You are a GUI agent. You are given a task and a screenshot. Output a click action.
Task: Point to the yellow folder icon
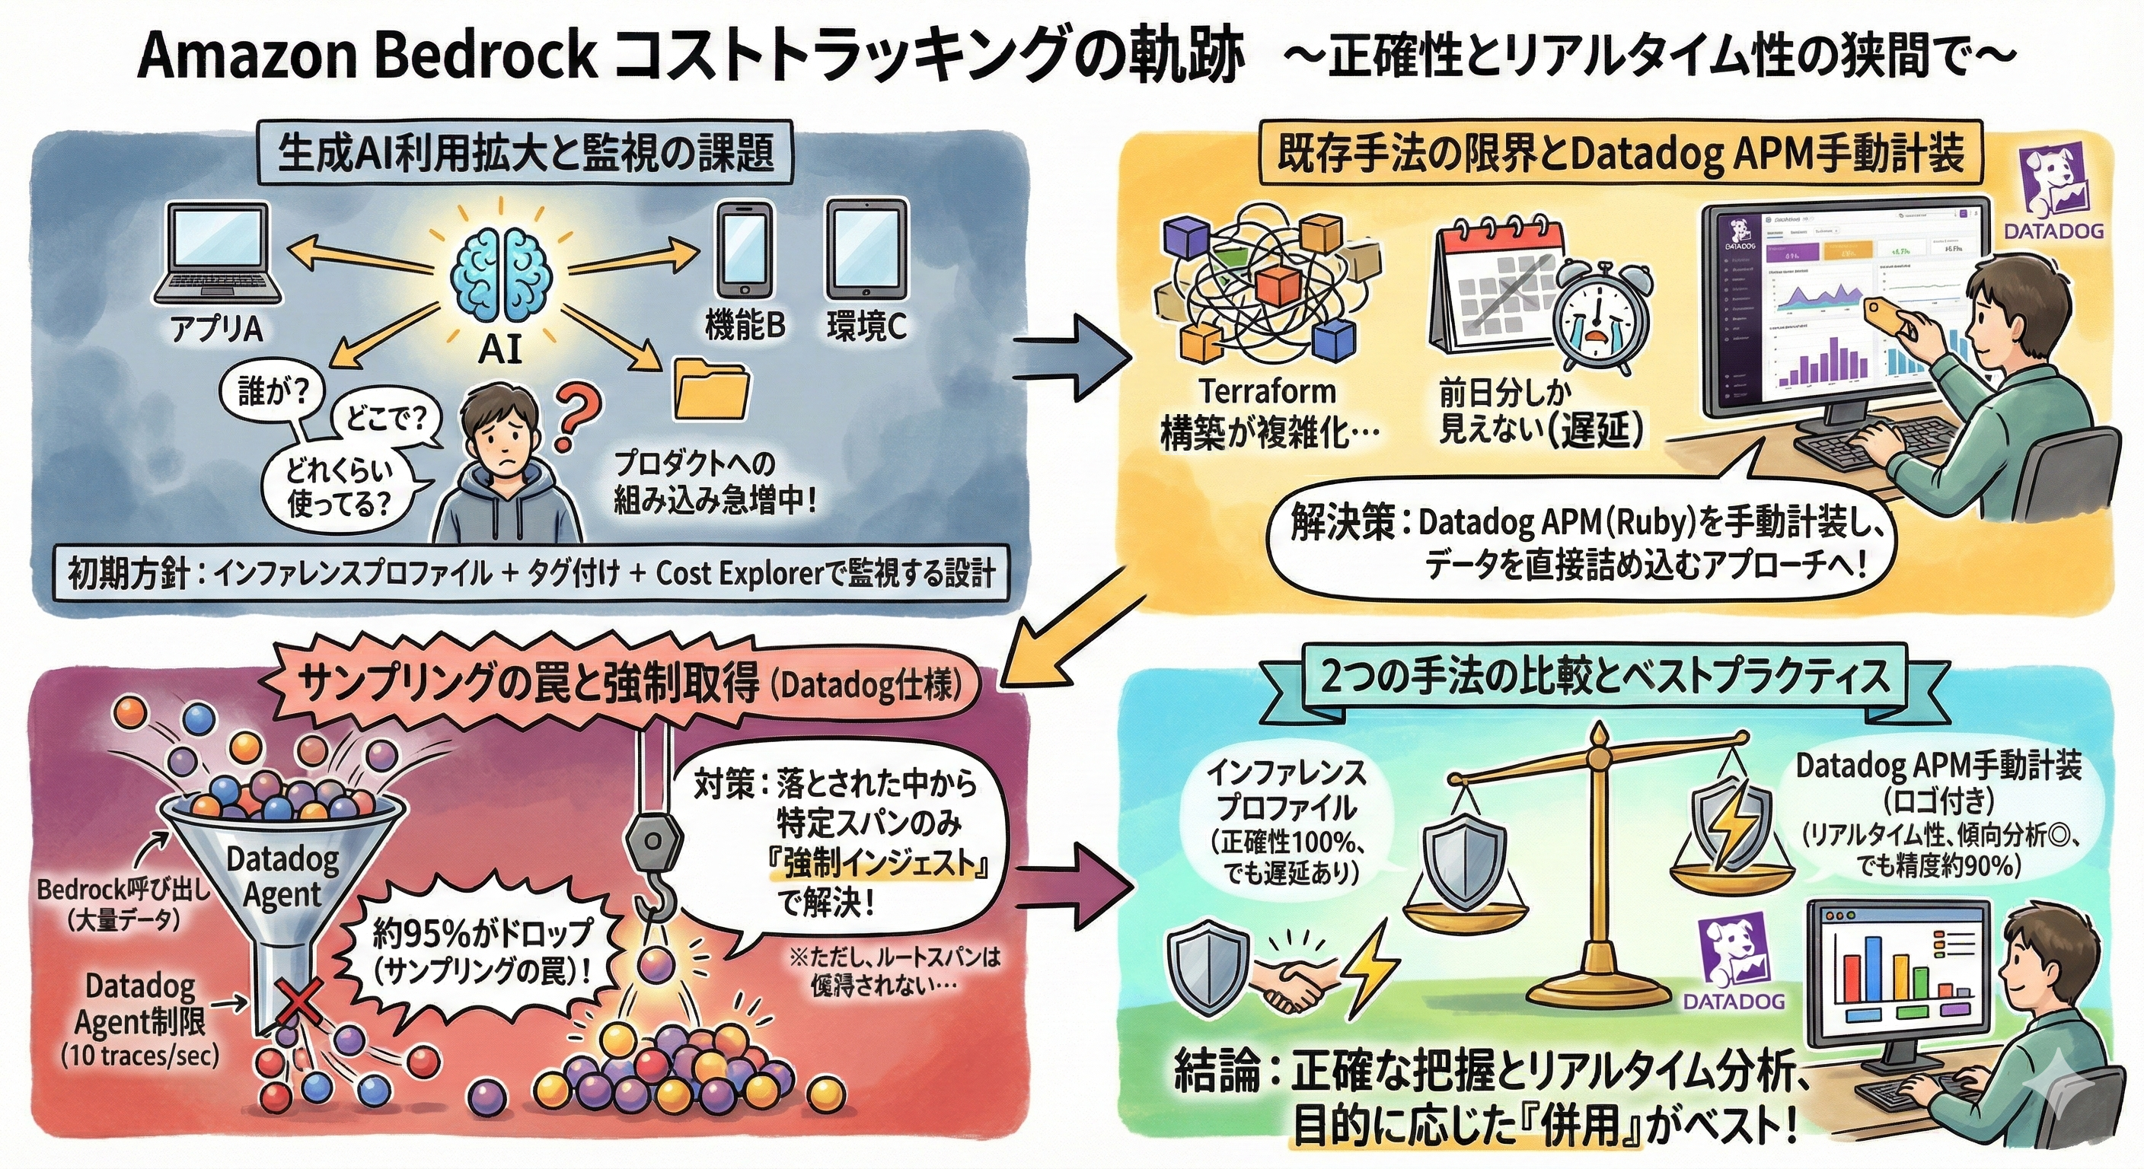click(712, 389)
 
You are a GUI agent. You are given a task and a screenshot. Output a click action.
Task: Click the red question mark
click(576, 416)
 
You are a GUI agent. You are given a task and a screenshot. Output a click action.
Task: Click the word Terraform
click(1267, 391)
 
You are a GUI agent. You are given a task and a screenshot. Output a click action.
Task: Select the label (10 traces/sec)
click(140, 1056)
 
